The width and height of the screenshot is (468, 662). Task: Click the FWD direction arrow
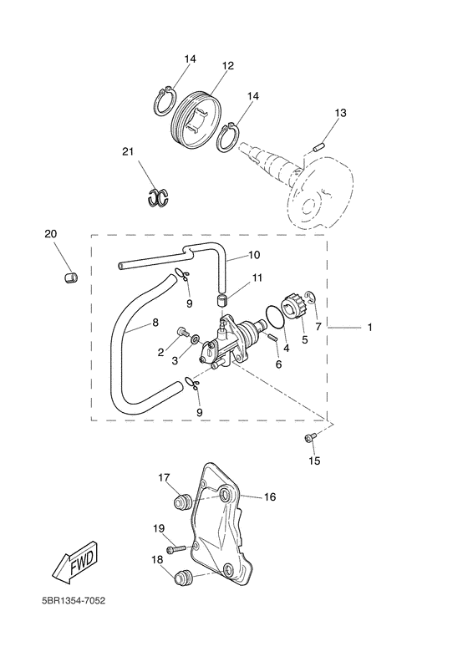(76, 563)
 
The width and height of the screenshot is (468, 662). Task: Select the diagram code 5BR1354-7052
(74, 601)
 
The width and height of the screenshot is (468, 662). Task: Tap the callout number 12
(228, 66)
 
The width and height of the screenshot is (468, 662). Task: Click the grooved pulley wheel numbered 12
(197, 120)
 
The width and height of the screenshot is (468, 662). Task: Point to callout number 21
(128, 151)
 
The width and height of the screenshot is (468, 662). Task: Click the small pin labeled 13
(318, 148)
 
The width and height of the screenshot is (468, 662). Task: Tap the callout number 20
(51, 233)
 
